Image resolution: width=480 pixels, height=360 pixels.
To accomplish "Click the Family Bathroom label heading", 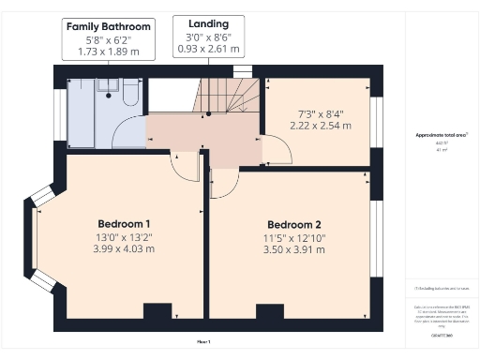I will click(108, 27).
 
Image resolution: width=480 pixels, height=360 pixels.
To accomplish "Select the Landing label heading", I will click(208, 22).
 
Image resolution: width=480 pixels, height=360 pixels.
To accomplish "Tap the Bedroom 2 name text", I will click(293, 224).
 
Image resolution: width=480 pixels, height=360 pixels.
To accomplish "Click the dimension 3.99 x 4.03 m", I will click(124, 248).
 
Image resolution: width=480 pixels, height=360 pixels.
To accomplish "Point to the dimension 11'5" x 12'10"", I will click(293, 237).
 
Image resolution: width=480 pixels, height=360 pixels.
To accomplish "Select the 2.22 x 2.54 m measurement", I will click(320, 125).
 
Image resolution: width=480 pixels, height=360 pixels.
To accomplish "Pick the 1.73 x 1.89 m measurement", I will click(108, 52).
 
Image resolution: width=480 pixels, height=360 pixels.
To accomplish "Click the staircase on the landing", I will click(230, 96).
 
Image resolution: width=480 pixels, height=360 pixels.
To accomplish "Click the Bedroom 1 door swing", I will click(185, 167).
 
